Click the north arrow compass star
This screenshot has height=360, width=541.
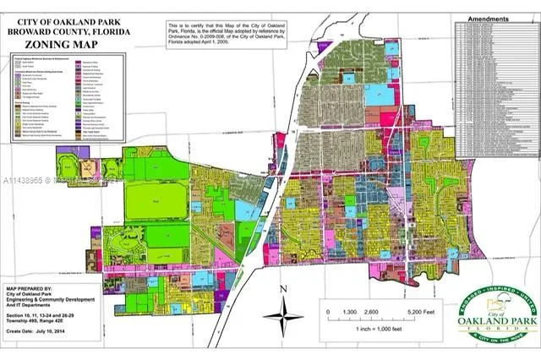[x=283, y=319]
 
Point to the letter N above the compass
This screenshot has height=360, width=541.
[x=283, y=290]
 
